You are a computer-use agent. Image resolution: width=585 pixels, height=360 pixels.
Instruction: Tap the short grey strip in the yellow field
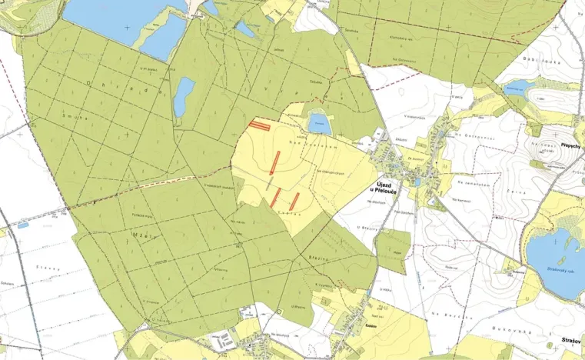269,182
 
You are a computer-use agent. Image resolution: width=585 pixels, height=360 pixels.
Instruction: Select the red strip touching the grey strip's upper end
275,162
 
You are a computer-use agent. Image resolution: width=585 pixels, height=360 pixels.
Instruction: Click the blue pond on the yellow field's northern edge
317,122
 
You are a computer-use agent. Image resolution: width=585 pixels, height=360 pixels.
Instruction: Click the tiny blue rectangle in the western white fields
22,225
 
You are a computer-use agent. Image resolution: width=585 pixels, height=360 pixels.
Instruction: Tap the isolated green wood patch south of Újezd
394,250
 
